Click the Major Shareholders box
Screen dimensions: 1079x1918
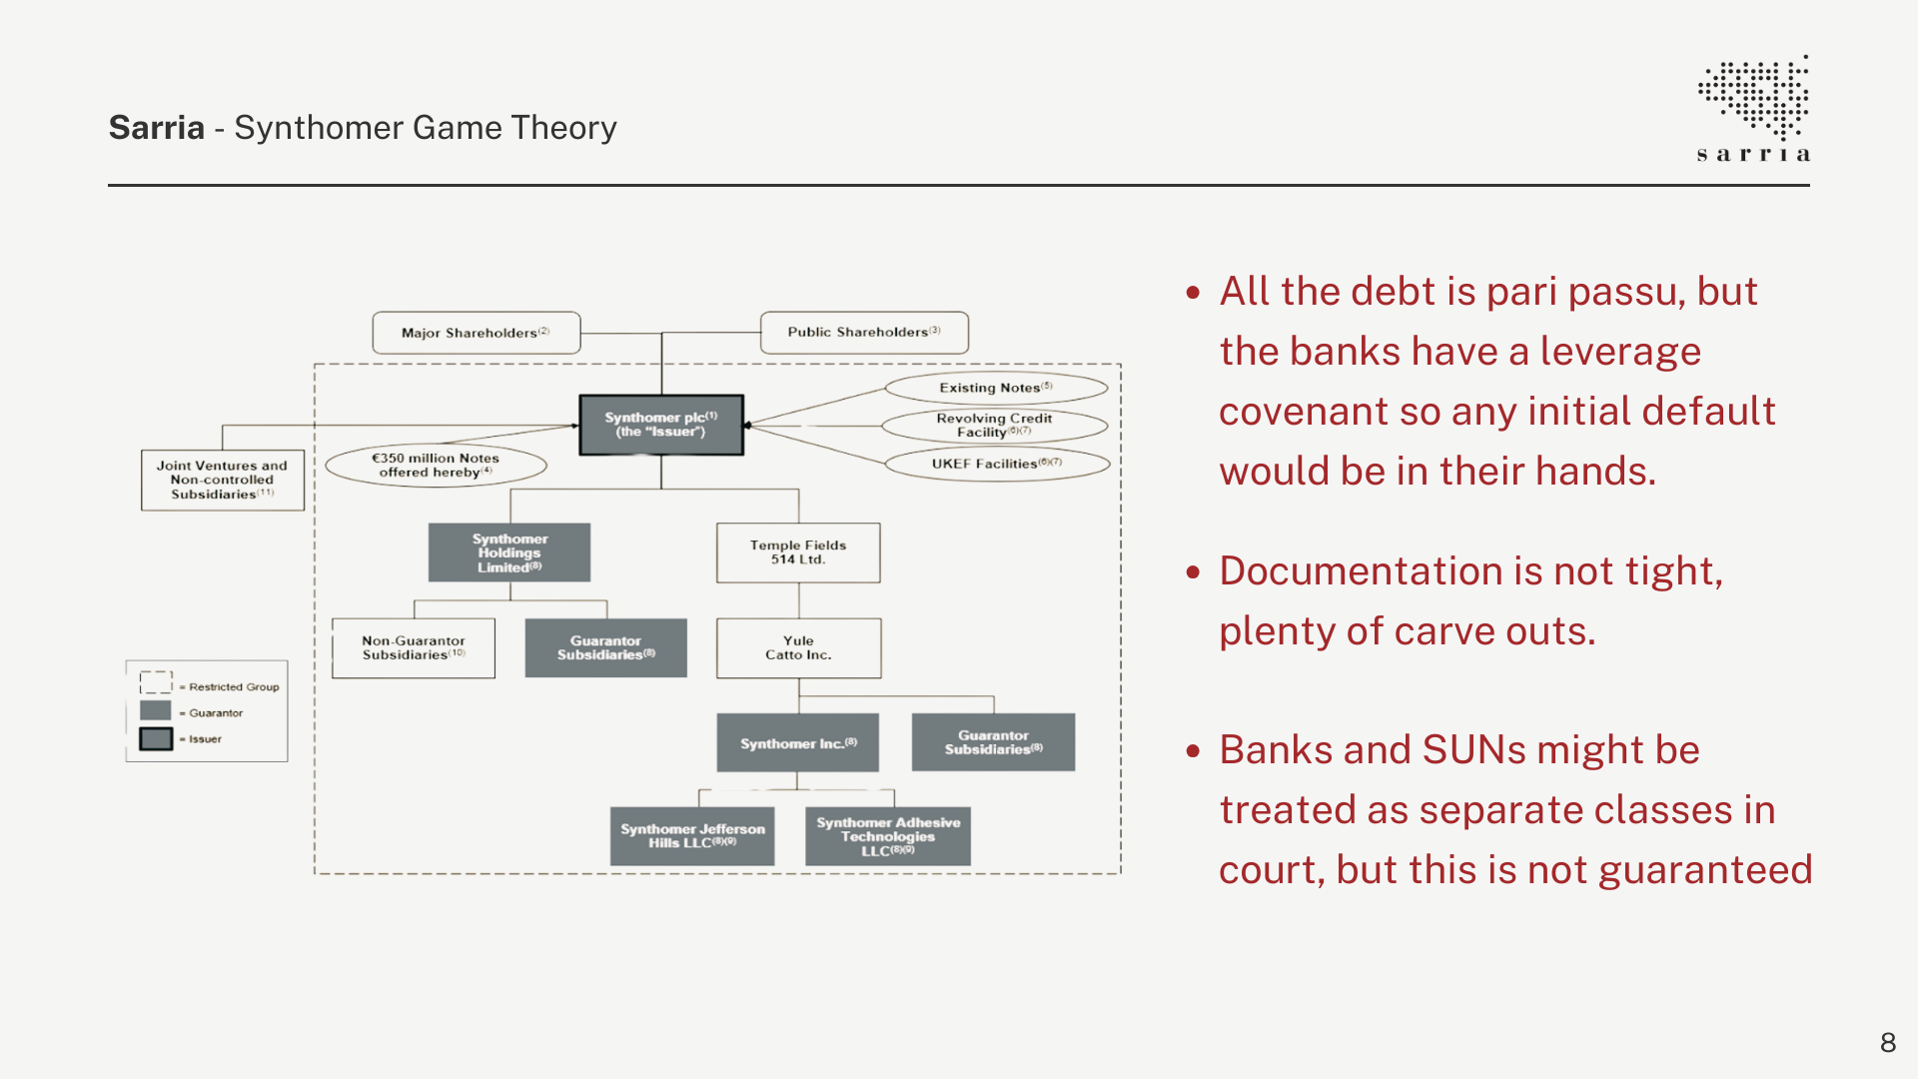click(x=476, y=333)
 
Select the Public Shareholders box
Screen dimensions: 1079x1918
click(x=864, y=332)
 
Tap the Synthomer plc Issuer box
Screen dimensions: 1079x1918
click(x=661, y=425)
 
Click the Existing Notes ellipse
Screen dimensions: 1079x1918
click(x=996, y=388)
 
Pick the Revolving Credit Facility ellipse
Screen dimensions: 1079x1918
click(x=995, y=426)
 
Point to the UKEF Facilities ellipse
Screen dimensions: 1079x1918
click(x=997, y=464)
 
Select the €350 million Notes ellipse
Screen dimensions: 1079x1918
click(x=436, y=466)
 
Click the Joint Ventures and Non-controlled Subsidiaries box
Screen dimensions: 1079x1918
click(x=222, y=480)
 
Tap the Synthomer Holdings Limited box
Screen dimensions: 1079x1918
click(x=509, y=552)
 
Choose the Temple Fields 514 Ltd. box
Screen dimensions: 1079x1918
click(x=798, y=552)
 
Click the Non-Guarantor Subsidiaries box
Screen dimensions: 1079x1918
click(x=414, y=648)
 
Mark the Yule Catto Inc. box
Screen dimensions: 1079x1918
click(x=798, y=648)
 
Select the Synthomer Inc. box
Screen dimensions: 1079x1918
click(x=798, y=743)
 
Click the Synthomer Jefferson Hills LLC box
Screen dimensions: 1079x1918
click(x=692, y=836)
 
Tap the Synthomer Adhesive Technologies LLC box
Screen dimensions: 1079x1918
click(x=888, y=836)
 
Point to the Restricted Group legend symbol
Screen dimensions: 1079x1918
click(x=156, y=683)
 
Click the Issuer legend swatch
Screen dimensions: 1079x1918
click(x=156, y=739)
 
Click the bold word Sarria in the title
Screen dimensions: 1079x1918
click(x=157, y=128)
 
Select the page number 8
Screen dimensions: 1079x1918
click(x=1887, y=1043)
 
